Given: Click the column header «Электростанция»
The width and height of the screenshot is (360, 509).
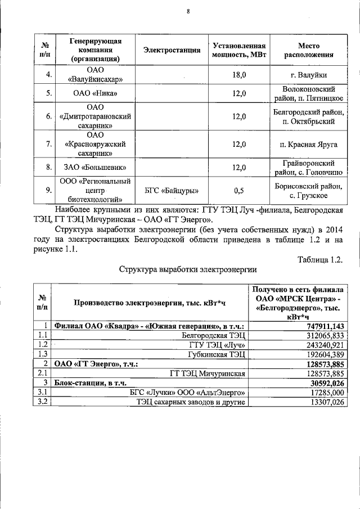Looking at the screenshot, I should point(172,51).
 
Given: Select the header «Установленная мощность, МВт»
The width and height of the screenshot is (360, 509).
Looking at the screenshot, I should point(238,51).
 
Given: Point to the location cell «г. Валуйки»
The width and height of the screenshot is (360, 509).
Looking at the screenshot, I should point(308,74).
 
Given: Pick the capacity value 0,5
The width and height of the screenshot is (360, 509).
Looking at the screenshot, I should point(239,191).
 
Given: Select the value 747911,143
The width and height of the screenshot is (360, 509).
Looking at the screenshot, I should point(323,326).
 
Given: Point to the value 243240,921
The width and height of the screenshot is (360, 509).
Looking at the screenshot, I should point(323,344).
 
